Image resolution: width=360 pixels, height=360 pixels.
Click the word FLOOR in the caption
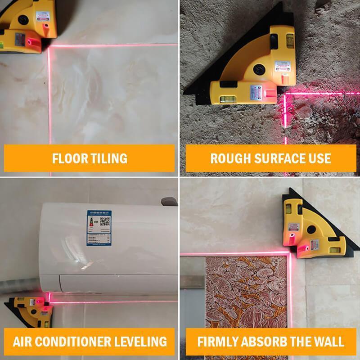click(x=68, y=158)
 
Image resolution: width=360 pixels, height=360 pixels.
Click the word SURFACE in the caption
click(x=274, y=158)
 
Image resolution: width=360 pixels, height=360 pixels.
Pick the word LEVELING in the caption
click(x=142, y=341)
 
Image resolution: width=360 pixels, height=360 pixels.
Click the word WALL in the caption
click(x=327, y=341)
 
